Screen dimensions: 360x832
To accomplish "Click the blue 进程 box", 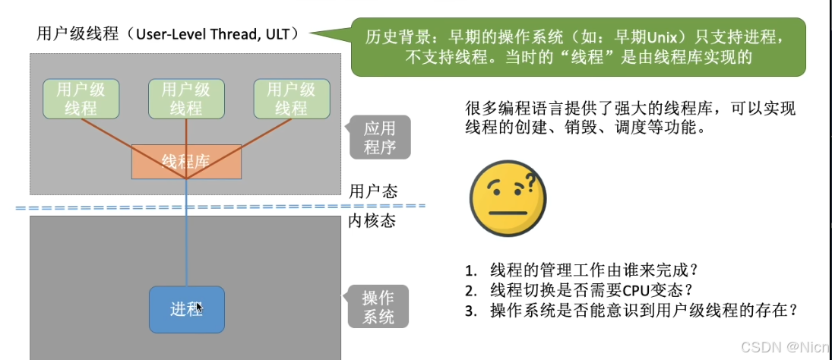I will pyautogui.click(x=186, y=309).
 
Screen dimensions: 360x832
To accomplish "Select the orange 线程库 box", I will pyautogui.click(x=186, y=161).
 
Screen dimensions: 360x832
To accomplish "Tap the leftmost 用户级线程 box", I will pyautogui.click(x=81, y=99).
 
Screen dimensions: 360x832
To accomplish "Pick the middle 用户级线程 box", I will pyautogui.click(x=186, y=99).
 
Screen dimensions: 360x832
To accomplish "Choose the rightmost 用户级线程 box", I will pyautogui.click(x=291, y=99).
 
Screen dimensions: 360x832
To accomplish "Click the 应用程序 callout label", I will pyautogui.click(x=380, y=137).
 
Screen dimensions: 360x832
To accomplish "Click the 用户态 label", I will pyautogui.click(x=373, y=191).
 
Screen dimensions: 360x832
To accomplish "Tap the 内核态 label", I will pyautogui.click(x=373, y=222).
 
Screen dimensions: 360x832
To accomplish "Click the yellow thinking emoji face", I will pyautogui.click(x=505, y=202).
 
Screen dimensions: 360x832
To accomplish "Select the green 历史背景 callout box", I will pyautogui.click(x=577, y=47).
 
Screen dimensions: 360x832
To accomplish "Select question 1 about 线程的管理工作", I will pyautogui.click(x=583, y=270).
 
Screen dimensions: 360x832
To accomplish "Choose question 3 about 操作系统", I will pyautogui.click(x=632, y=310).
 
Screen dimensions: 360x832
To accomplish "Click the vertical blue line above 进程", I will pyautogui.click(x=186, y=243).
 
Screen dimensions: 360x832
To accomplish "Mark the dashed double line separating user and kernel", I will pyautogui.click(x=220, y=206).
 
